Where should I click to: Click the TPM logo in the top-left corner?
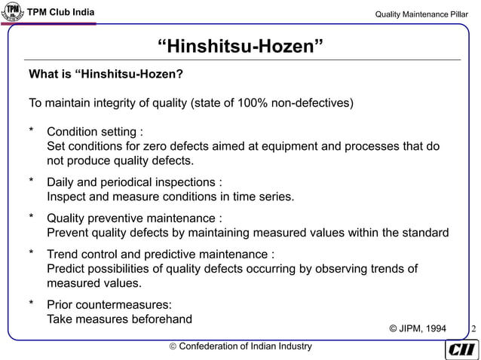click(x=13, y=13)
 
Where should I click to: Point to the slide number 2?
click(x=473, y=328)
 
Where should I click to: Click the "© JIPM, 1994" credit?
click(x=417, y=328)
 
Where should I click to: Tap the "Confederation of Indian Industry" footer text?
click(x=241, y=346)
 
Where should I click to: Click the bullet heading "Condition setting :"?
click(x=95, y=133)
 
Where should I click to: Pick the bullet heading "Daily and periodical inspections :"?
click(x=134, y=182)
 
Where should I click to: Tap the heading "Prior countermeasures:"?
click(x=109, y=305)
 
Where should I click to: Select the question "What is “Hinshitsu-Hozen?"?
click(x=106, y=75)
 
